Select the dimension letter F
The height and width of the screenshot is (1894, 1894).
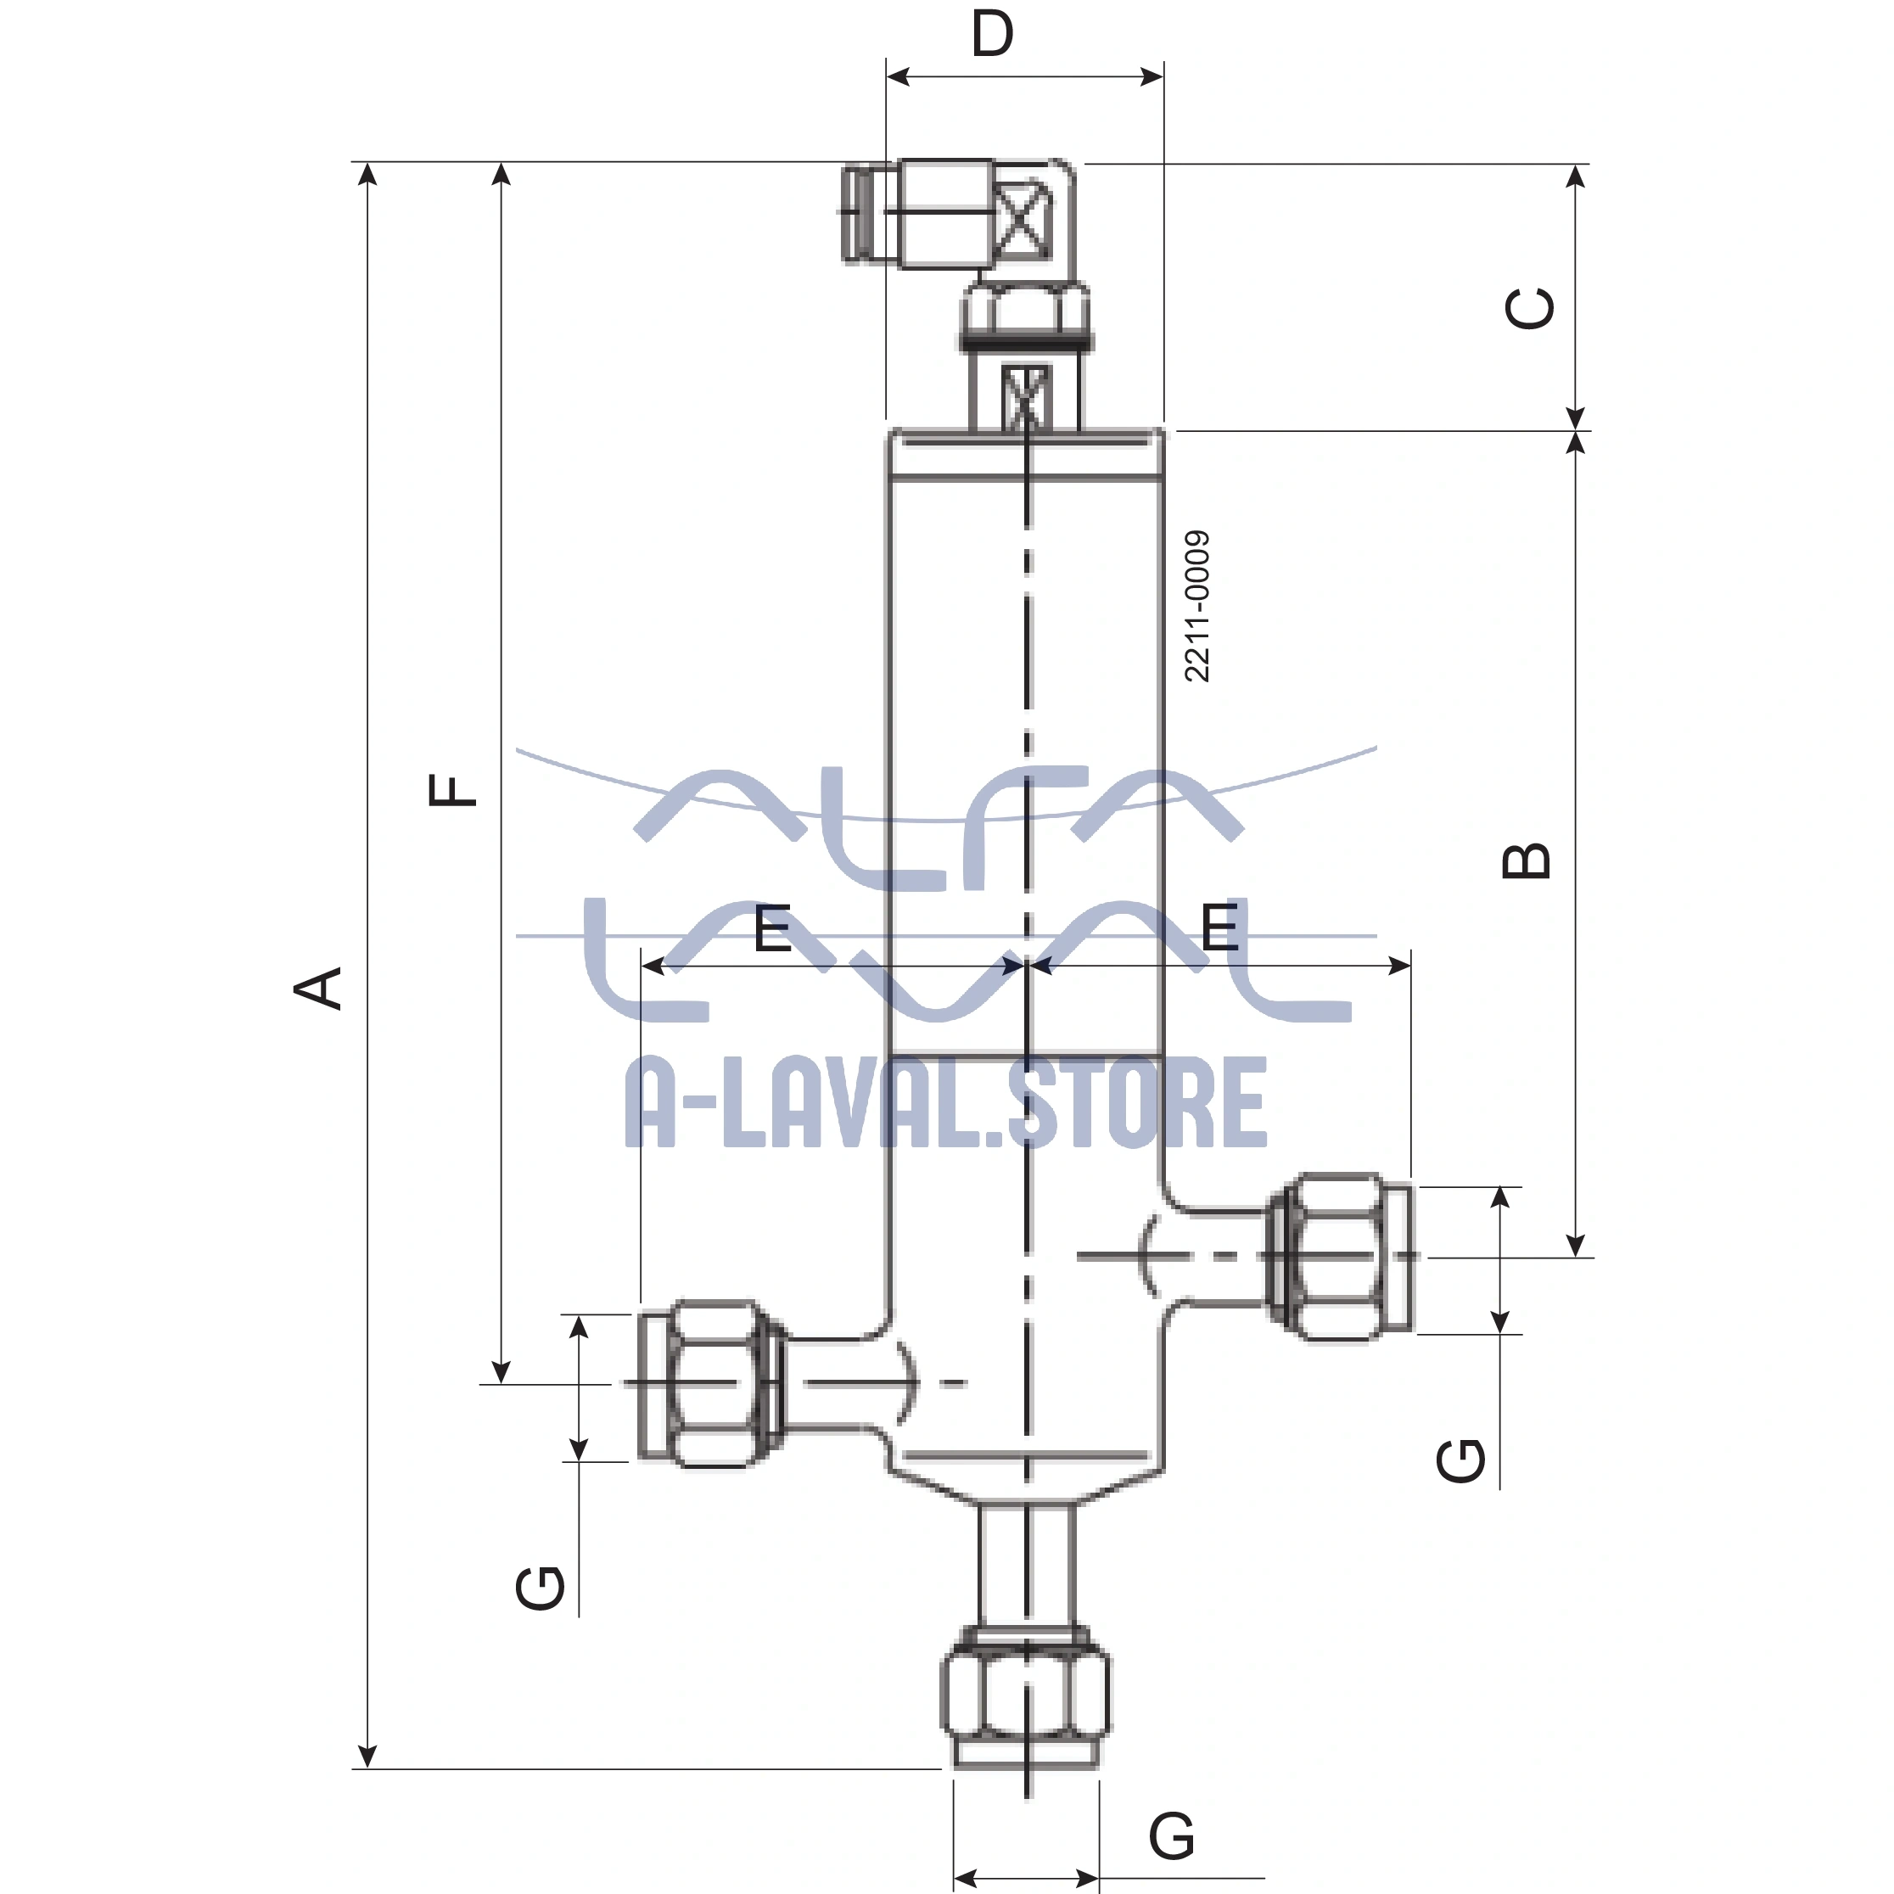(x=453, y=790)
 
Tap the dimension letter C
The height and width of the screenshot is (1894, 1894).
(x=1529, y=308)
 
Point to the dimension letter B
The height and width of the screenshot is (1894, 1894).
(x=1527, y=860)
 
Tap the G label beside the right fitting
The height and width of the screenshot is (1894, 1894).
(x=1460, y=1460)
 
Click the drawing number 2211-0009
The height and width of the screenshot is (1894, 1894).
(x=1197, y=606)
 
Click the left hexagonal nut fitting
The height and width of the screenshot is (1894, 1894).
(x=714, y=1383)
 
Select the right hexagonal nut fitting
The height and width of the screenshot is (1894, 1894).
(x=1339, y=1256)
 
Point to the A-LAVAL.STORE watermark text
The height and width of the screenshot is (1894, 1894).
(x=946, y=1103)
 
